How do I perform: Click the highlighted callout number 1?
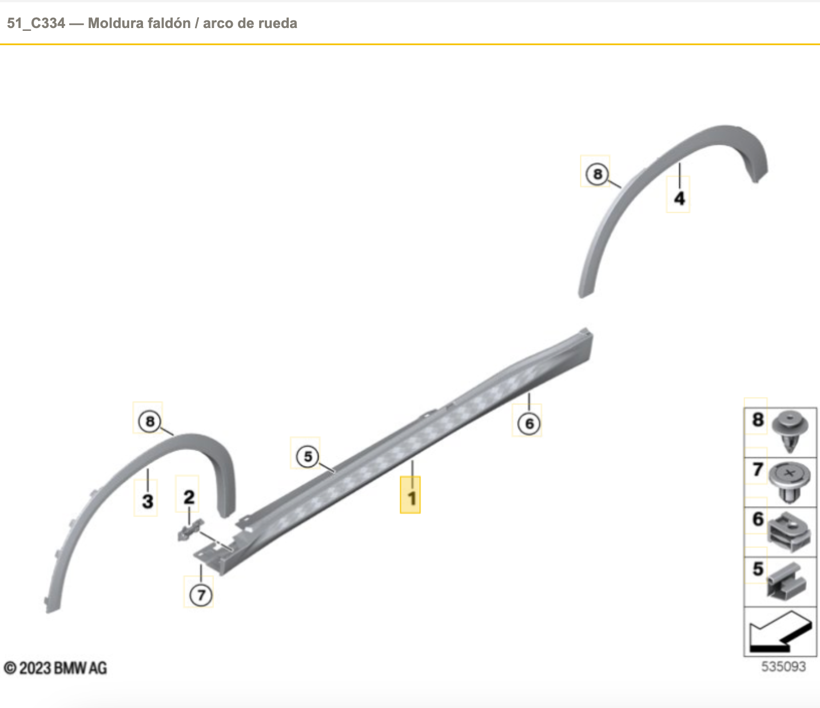(x=412, y=499)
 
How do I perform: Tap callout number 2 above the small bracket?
(x=189, y=497)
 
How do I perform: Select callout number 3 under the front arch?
(x=148, y=501)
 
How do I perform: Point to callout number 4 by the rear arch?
(x=679, y=198)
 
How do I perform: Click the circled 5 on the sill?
(x=308, y=456)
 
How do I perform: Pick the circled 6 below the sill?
(x=529, y=424)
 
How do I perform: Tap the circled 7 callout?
(x=201, y=595)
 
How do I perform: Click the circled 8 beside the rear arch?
(x=597, y=174)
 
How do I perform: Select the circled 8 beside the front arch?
(x=150, y=421)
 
